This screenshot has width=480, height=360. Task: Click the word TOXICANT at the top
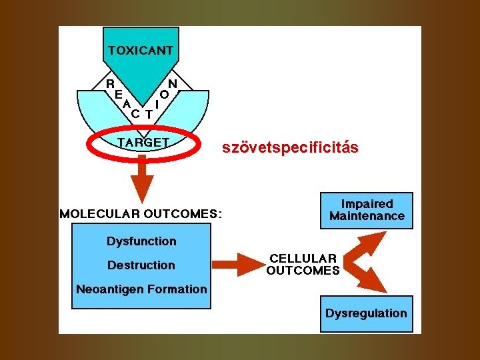tap(141, 50)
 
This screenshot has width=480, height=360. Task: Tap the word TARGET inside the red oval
tap(143, 142)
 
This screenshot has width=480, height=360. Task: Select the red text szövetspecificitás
tap(290, 147)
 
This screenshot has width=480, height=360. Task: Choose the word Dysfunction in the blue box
tap(141, 241)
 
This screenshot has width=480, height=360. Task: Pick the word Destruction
tap(141, 265)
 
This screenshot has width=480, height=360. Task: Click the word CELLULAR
tap(303, 258)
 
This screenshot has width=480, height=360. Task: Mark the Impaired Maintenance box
tap(367, 210)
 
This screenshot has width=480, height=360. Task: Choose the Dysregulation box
tap(366, 313)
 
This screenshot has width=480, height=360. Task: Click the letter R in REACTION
tap(111, 84)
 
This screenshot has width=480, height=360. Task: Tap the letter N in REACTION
tap(172, 84)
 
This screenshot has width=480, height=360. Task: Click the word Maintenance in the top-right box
tap(367, 216)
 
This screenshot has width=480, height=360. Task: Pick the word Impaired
tap(367, 204)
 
